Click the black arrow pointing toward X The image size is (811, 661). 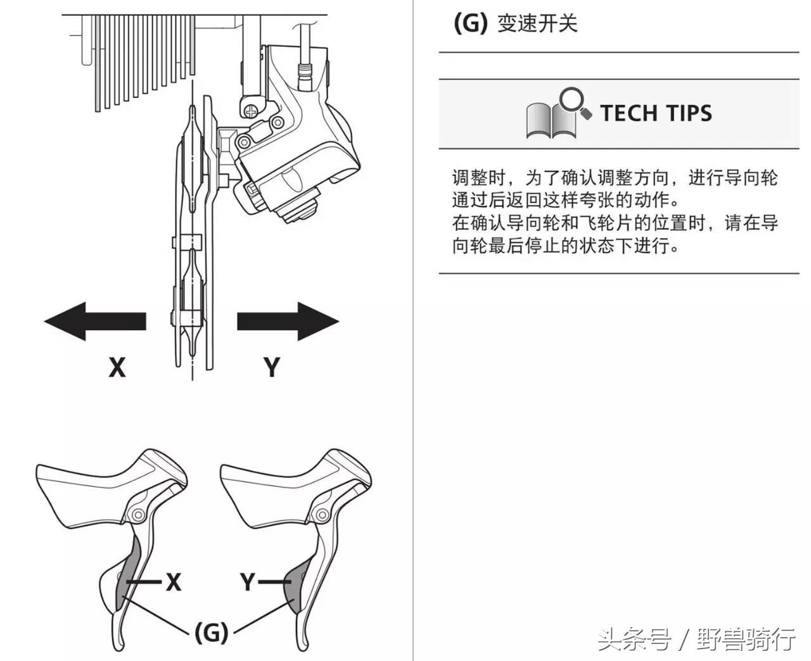tap(95, 321)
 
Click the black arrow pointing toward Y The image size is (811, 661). tap(288, 321)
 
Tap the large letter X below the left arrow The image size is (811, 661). tap(117, 367)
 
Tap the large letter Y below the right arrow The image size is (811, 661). tap(271, 367)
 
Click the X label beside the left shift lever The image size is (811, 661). tap(174, 582)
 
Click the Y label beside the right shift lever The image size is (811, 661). tap(247, 582)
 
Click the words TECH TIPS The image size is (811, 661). tap(656, 113)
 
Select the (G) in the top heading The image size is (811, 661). tap(471, 23)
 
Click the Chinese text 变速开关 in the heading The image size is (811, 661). tap(537, 23)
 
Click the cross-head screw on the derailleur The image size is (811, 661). tap(251, 112)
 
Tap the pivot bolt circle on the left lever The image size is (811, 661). tap(137, 515)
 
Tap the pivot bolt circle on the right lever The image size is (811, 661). tap(322, 515)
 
